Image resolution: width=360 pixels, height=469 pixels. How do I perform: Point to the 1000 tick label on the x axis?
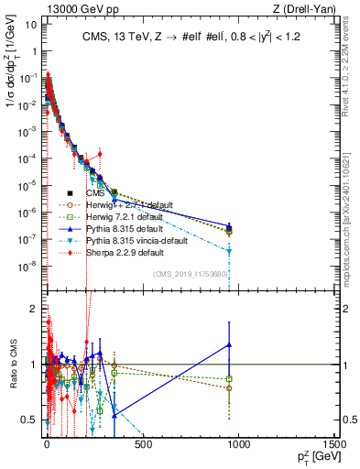240,444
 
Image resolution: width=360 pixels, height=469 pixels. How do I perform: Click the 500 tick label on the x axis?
143,444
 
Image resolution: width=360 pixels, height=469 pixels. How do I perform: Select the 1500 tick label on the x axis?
336,444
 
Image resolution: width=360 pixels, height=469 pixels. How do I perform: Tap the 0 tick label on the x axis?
47,444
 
